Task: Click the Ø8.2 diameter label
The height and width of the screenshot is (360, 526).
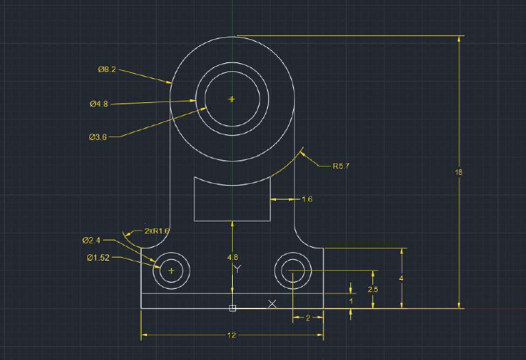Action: coord(107,69)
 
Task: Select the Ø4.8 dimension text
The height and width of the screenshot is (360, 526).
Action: coord(99,104)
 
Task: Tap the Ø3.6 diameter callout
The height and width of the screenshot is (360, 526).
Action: coord(98,137)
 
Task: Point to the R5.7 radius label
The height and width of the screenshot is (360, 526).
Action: coord(342,166)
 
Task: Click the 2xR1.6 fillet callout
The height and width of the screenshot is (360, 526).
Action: coord(156,231)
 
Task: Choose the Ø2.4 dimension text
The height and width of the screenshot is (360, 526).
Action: coord(91,240)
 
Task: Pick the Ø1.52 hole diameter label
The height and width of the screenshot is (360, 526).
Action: coord(98,257)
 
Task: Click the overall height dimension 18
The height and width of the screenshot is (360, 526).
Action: coord(458,172)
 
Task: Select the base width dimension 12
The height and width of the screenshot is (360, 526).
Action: coord(231,335)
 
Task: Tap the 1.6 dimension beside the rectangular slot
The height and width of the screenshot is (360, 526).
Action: coord(307,199)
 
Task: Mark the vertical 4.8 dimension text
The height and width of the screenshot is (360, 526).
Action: coord(233,257)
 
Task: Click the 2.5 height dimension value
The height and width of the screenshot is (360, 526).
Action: coord(373,290)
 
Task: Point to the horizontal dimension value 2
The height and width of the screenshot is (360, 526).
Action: coord(308,318)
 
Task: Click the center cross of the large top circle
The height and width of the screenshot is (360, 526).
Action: coord(231,99)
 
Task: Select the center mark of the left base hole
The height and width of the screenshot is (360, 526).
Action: coord(171,271)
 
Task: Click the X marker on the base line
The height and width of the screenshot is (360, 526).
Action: coord(273,303)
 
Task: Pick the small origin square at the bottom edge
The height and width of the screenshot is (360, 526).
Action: coord(232,309)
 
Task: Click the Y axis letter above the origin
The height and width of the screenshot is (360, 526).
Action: coord(237,268)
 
